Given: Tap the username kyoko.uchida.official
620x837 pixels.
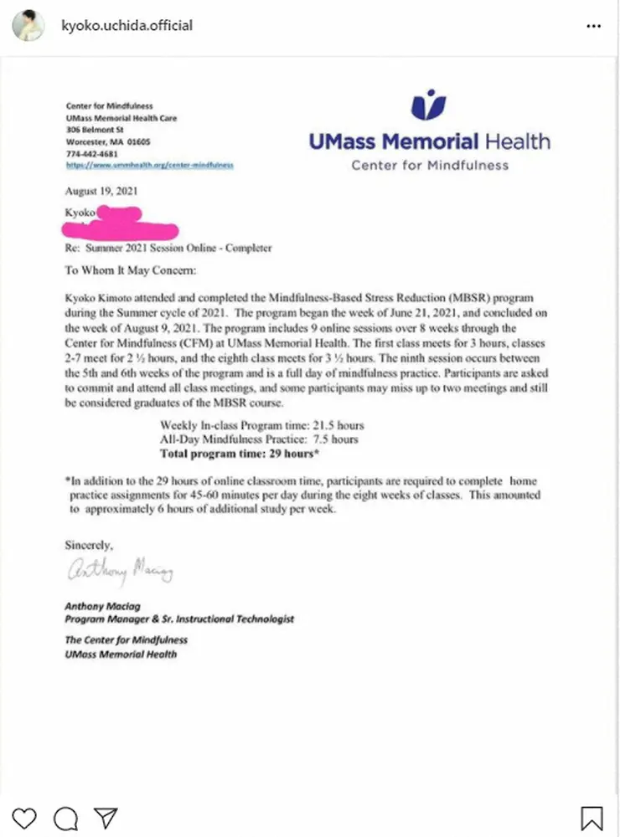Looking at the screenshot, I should coord(127,26).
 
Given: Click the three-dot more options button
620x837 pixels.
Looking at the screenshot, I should coord(593,26).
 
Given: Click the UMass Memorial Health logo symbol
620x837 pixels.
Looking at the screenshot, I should coord(429,105).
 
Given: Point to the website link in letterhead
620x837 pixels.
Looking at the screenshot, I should coord(149,165).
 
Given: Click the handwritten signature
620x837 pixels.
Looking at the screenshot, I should coord(118,572).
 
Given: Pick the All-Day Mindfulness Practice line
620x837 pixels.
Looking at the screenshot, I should coord(259,439).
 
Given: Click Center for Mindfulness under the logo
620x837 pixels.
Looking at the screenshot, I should coord(429,165).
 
